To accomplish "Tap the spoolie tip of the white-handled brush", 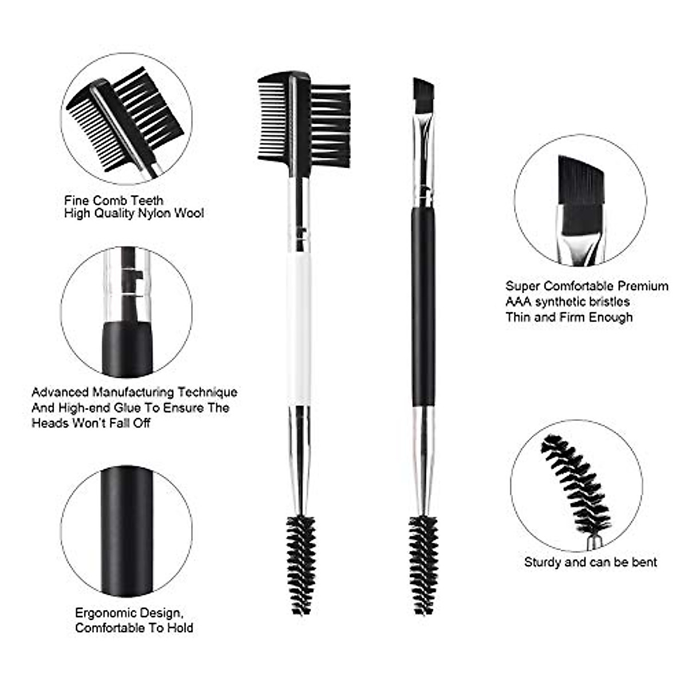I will click(x=301, y=564).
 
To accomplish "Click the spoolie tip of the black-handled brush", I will click(x=423, y=564).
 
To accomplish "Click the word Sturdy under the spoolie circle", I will click(x=542, y=562).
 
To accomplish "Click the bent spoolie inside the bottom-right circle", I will click(x=575, y=487).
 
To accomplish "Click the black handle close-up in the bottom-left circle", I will click(x=127, y=530).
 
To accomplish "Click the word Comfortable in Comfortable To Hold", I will click(x=112, y=628).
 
